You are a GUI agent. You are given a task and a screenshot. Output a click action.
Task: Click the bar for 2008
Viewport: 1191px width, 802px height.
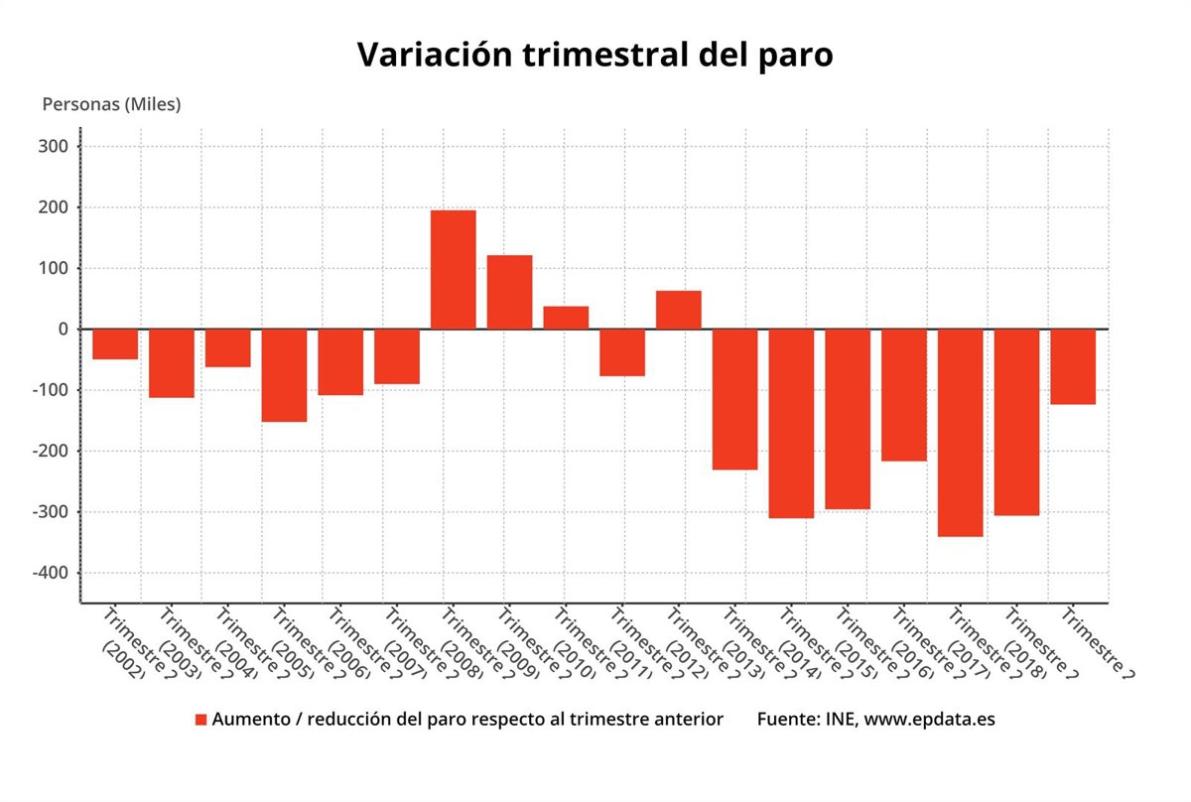(x=453, y=269)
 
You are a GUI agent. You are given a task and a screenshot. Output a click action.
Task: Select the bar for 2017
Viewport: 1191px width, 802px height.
(x=960, y=433)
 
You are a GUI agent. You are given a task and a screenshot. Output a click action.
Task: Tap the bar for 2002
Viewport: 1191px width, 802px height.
(x=115, y=343)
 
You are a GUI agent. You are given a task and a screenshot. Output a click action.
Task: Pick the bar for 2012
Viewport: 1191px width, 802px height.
(x=678, y=310)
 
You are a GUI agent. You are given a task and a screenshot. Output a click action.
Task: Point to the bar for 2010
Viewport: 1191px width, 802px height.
(x=566, y=318)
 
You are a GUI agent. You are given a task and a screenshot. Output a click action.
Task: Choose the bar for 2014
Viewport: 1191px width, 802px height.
(x=791, y=424)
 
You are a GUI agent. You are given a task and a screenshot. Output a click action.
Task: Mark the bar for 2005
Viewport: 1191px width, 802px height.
(x=284, y=375)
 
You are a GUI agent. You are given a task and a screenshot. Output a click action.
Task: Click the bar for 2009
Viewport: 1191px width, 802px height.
(x=509, y=292)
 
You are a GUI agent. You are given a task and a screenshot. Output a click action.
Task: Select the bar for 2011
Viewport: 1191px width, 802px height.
(x=622, y=352)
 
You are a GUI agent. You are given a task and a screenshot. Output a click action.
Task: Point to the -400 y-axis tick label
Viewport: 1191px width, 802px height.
(x=50, y=574)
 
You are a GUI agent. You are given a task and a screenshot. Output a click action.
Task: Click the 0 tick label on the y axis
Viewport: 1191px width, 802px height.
(x=62, y=330)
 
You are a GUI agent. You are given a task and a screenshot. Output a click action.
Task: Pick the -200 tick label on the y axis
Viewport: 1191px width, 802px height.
(x=50, y=452)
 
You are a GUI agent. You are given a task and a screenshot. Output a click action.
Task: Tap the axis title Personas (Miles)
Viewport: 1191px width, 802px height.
(x=111, y=104)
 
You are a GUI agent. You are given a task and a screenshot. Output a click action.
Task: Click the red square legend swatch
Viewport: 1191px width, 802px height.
(x=201, y=720)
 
